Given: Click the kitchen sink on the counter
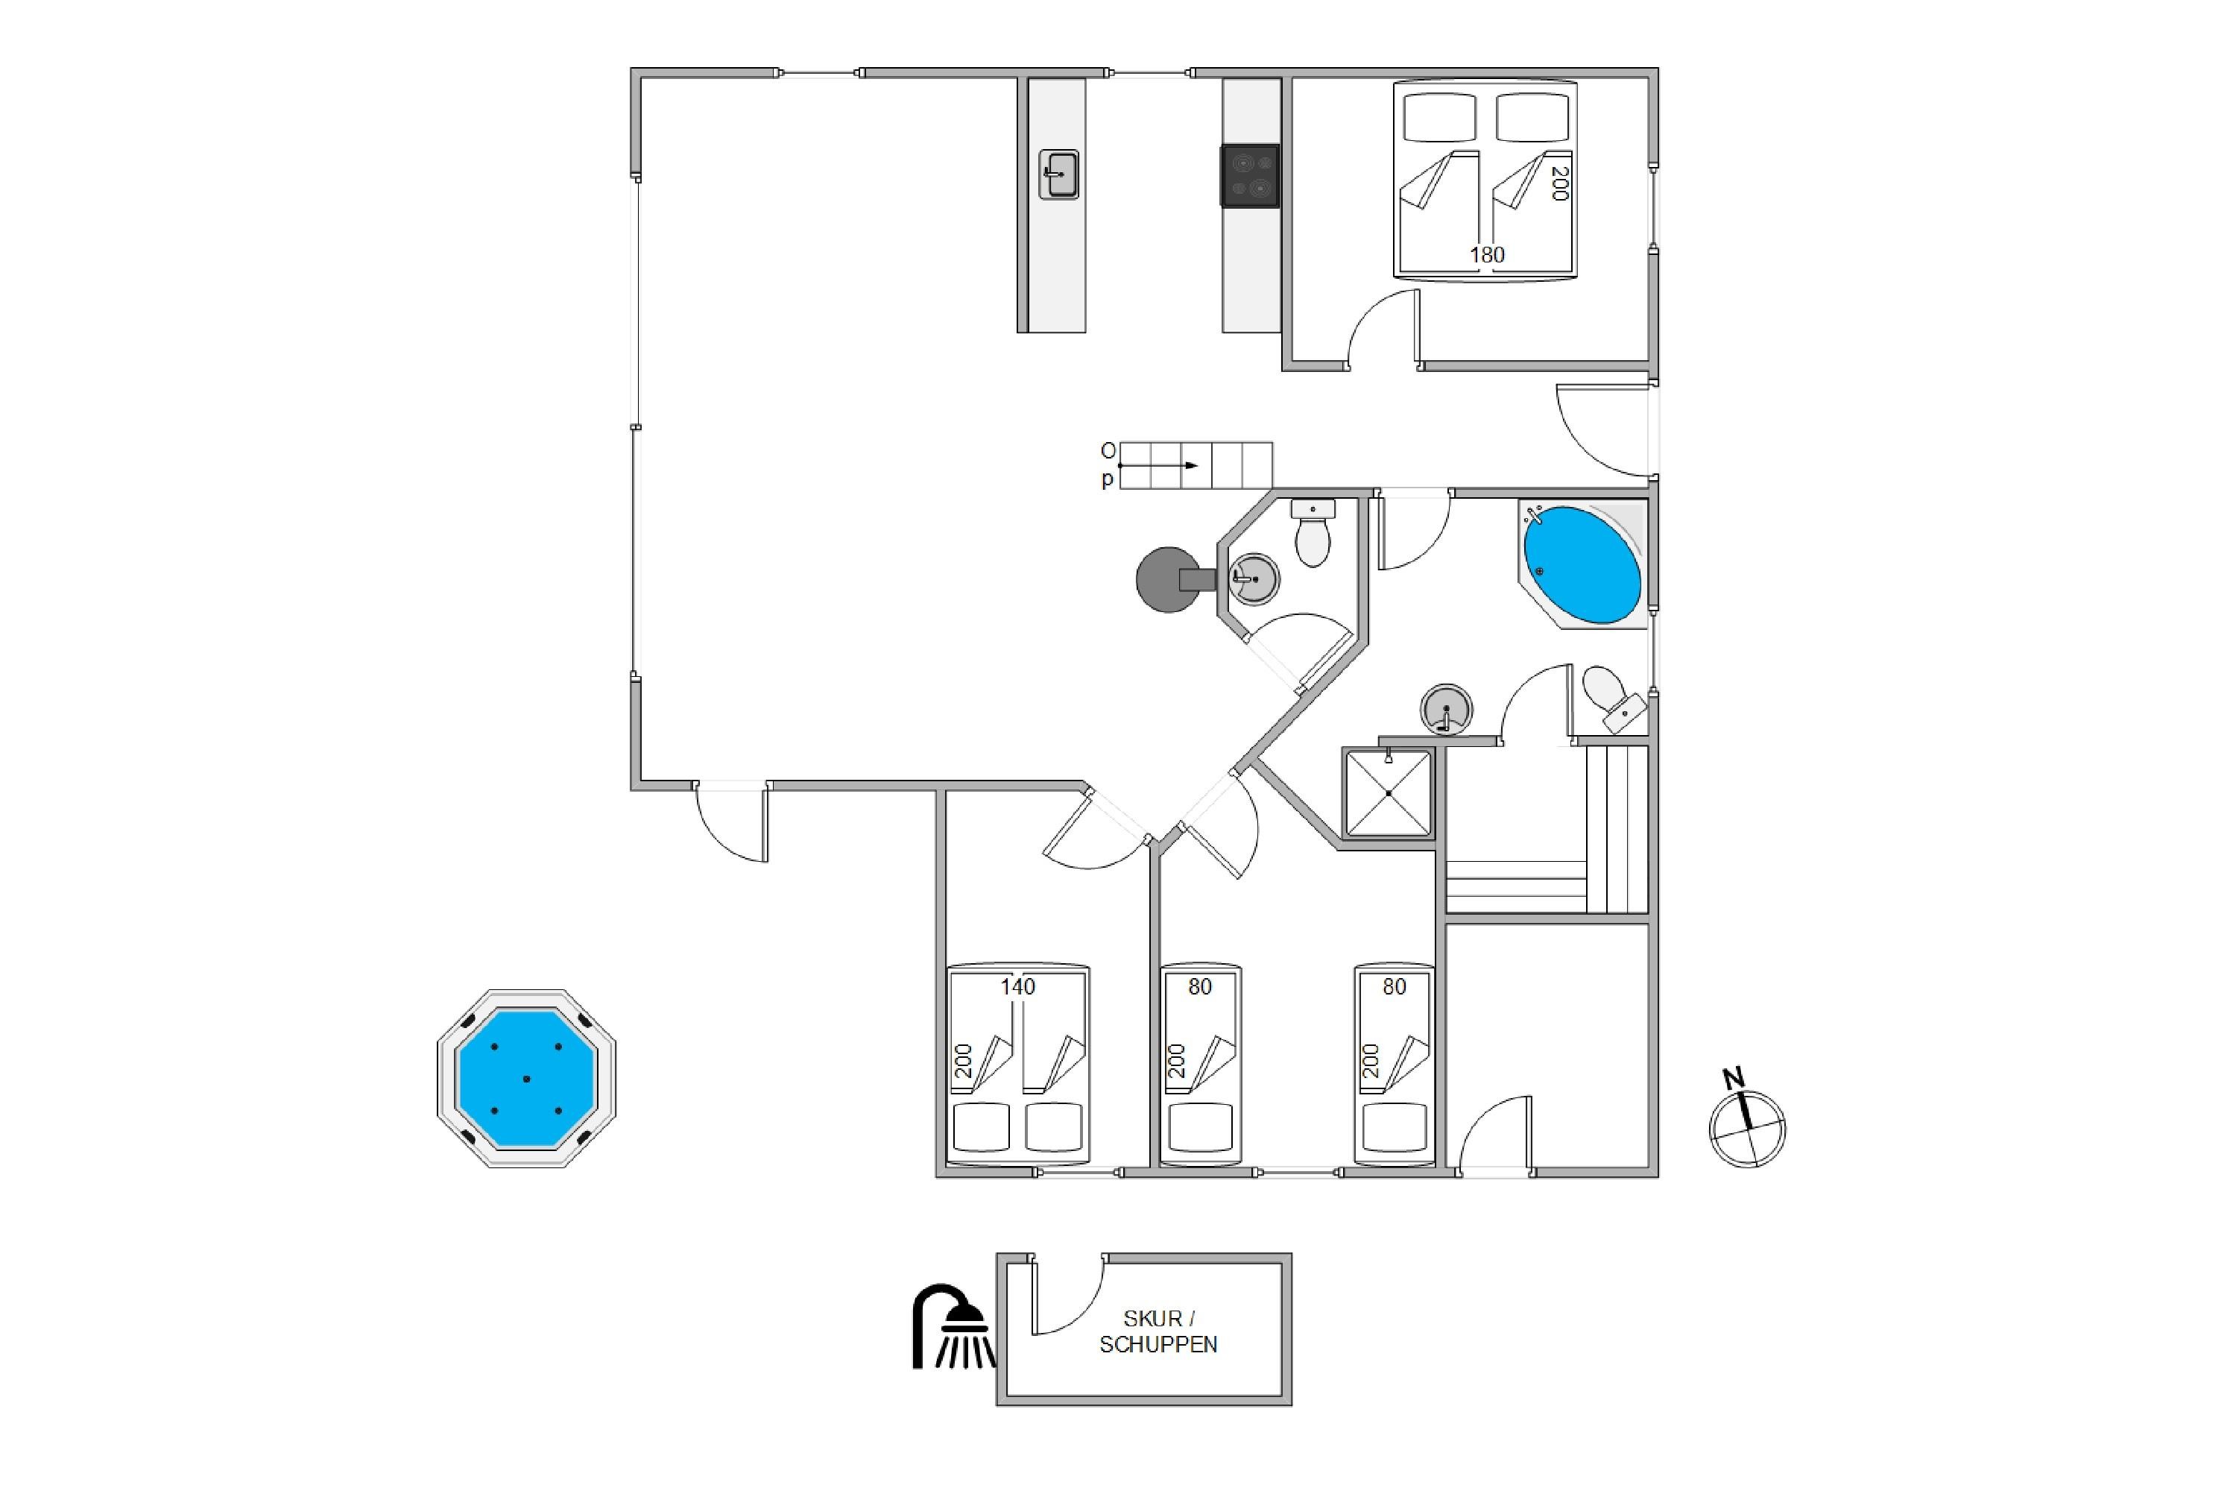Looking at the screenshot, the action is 1058,174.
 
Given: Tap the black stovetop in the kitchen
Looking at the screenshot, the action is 1250,176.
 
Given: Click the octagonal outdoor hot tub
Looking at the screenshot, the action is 525,1077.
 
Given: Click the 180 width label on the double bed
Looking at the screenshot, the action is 1487,255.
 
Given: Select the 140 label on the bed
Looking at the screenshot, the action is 1017,987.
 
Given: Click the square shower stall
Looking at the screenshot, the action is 1388,793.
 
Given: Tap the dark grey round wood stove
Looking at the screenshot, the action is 1175,579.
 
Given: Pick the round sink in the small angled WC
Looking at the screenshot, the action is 1254,579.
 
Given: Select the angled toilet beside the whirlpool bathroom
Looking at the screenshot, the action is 1614,699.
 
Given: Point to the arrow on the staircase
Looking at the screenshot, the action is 1158,465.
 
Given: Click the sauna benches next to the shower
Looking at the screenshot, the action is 1547,829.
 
